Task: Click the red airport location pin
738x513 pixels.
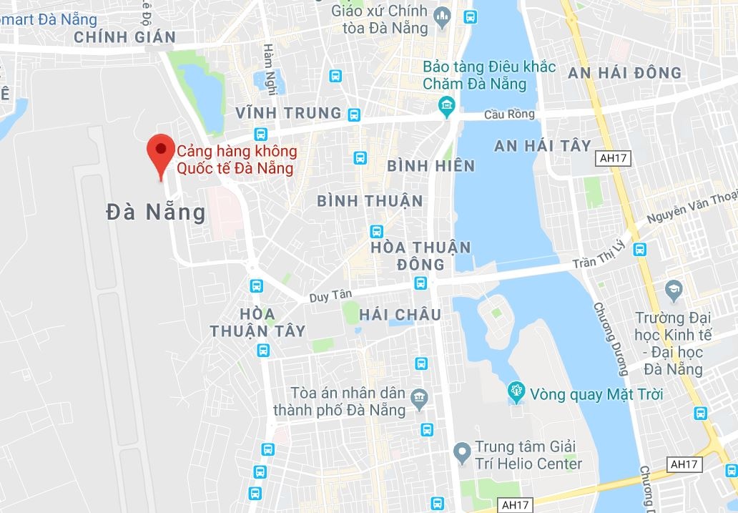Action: [160, 150]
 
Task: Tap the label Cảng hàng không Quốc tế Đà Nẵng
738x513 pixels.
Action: [236, 160]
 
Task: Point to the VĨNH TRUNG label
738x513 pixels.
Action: [289, 113]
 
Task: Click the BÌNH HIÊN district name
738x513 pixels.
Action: [431, 166]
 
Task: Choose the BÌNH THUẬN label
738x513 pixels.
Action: [370, 201]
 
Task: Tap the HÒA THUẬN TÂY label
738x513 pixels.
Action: [257, 322]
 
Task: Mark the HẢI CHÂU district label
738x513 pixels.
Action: [400, 315]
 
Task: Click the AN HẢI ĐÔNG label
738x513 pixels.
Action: [624, 73]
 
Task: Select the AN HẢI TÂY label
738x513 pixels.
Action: [543, 146]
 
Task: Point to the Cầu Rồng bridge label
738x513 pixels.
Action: [508, 114]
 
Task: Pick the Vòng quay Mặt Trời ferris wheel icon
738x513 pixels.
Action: [515, 392]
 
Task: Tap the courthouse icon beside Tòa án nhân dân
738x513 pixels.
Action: [420, 396]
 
